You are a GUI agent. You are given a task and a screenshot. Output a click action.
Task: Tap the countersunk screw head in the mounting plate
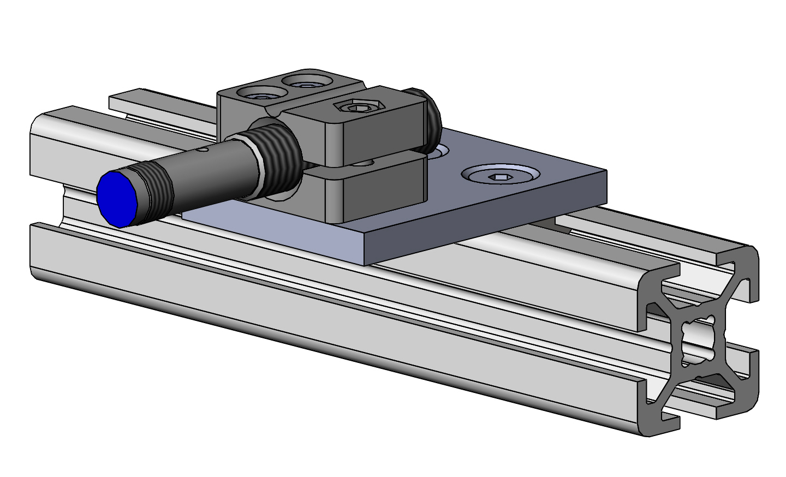[499, 176]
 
